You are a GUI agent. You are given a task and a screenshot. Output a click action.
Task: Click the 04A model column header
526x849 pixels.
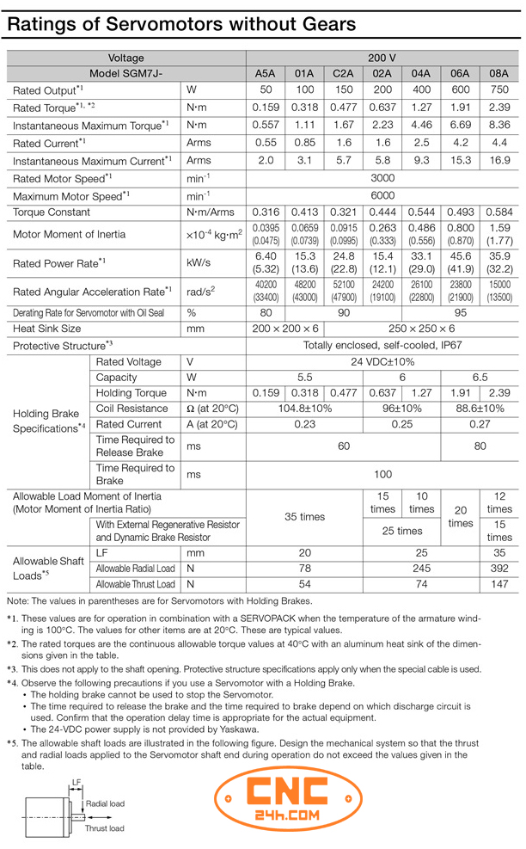pyautogui.click(x=421, y=74)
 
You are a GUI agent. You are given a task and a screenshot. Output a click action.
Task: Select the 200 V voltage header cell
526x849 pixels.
pyautogui.click(x=382, y=58)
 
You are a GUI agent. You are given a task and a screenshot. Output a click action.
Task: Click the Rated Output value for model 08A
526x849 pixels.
pyautogui.click(x=498, y=90)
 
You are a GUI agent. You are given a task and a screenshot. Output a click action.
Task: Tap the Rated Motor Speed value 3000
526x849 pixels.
pyautogui.click(x=382, y=178)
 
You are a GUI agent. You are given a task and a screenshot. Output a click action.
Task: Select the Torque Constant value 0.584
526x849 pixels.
pyautogui.click(x=498, y=212)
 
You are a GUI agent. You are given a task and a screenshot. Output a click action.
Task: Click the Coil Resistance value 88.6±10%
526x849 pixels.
pyautogui.click(x=480, y=409)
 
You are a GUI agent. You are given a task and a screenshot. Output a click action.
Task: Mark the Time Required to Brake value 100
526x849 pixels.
pyautogui.click(x=382, y=474)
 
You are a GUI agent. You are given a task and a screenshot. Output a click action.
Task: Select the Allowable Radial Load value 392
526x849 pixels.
pyautogui.click(x=498, y=569)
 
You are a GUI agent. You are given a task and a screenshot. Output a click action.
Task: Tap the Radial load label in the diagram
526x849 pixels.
pyautogui.click(x=106, y=803)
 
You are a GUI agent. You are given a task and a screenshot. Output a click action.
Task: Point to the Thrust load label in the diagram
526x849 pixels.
pyautogui.click(x=105, y=828)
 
